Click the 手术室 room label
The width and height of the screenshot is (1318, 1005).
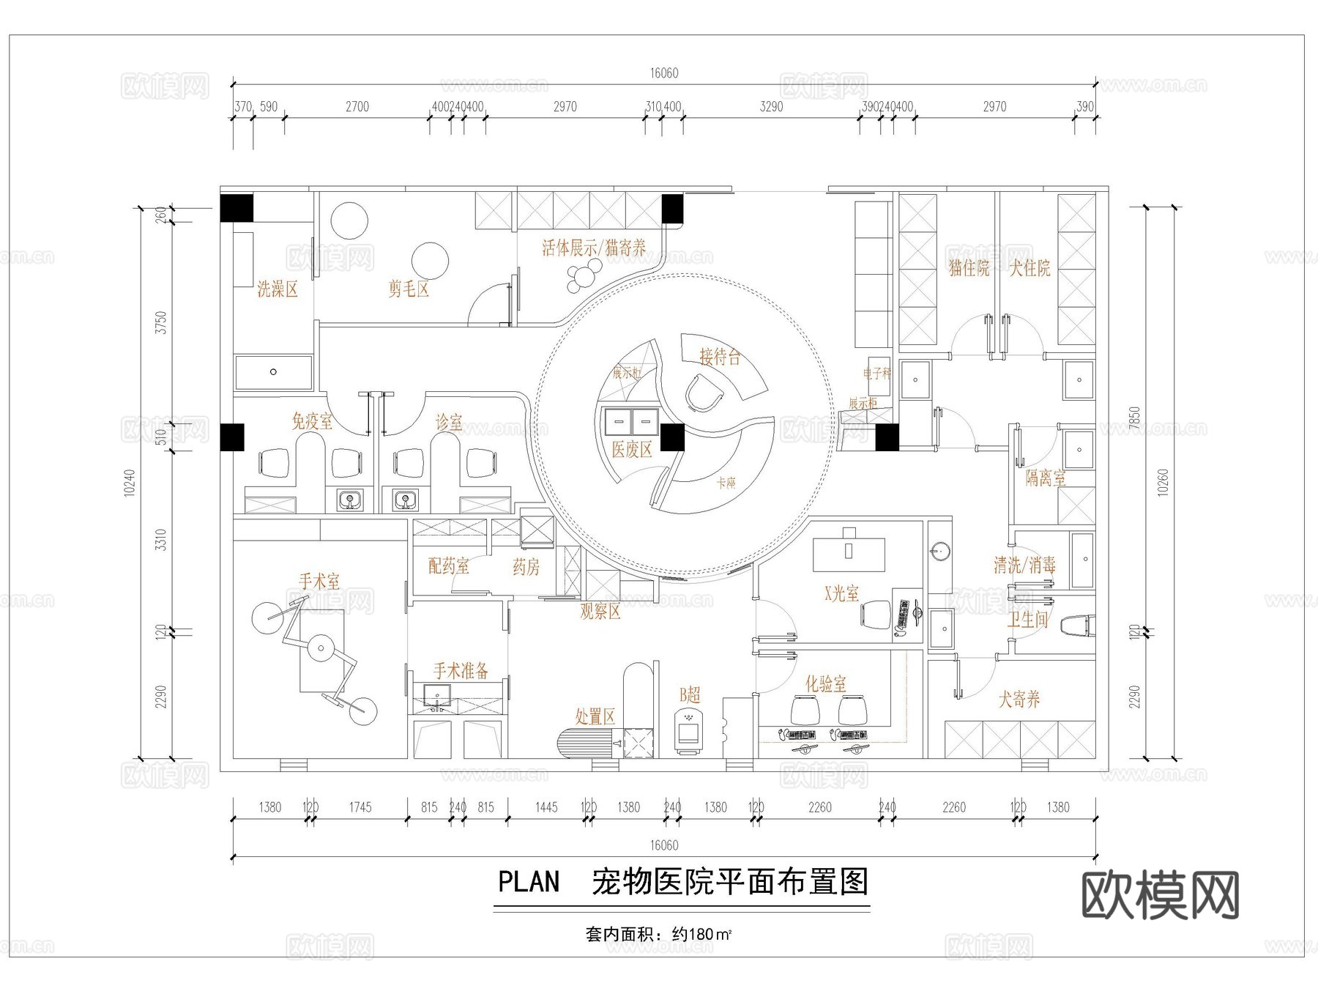tap(319, 582)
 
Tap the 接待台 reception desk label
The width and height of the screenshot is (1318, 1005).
tap(720, 357)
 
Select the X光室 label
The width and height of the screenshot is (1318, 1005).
tap(841, 593)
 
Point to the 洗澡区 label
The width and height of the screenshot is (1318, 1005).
tap(278, 289)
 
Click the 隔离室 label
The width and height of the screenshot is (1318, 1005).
tap(1045, 478)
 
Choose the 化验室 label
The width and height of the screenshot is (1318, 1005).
tap(825, 683)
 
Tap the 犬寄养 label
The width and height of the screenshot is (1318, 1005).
tap(1019, 699)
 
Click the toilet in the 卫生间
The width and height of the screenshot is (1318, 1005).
tap(1079, 625)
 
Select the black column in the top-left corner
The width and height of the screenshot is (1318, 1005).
tap(237, 208)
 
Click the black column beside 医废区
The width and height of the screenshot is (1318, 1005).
tap(672, 437)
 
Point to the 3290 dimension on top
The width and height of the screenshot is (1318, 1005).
tap(771, 107)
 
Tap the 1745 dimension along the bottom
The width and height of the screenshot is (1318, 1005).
tap(360, 807)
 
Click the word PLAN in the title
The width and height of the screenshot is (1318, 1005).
tap(529, 882)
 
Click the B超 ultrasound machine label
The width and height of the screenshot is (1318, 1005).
tap(690, 694)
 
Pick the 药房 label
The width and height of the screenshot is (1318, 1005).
tap(526, 567)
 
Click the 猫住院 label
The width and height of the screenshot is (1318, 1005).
tap(969, 268)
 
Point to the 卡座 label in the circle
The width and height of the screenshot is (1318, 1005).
tap(726, 483)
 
